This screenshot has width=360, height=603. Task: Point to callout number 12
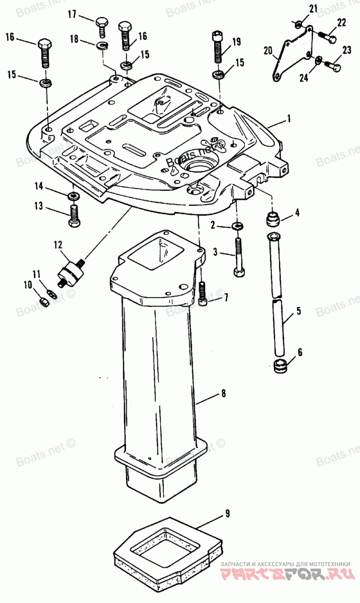58,245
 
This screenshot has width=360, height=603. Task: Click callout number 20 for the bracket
268,51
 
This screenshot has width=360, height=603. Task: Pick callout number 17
72,14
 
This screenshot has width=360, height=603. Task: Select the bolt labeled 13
74,215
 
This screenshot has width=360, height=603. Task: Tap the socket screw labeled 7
202,294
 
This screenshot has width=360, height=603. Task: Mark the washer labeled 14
72,196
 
